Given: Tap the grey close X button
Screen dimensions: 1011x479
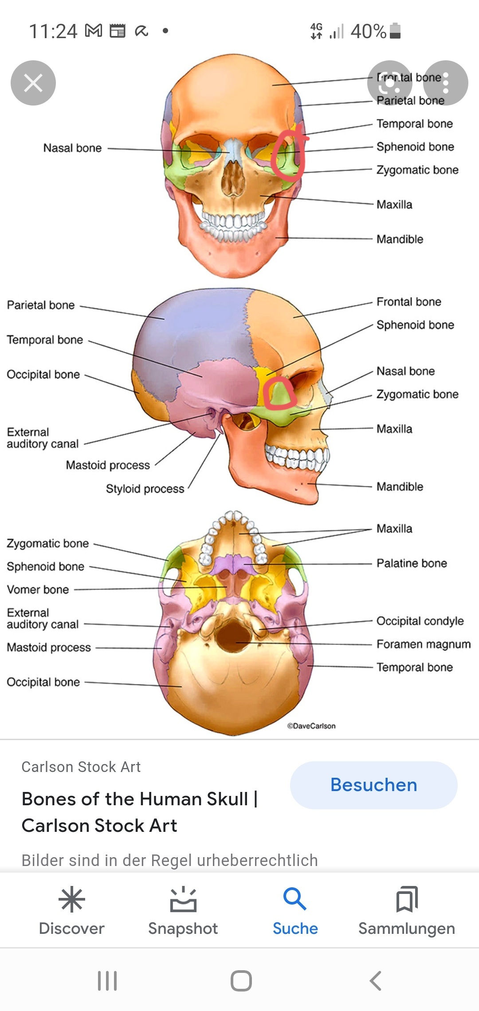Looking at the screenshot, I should coord(33,83).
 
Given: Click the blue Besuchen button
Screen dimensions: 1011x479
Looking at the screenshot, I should coord(373,785).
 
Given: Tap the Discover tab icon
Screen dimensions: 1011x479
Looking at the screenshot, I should coord(71,900).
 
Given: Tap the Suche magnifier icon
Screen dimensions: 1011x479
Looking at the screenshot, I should coord(294,899).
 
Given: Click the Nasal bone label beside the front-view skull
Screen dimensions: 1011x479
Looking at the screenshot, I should coord(72,148).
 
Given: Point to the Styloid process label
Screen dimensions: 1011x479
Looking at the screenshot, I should coord(145,489).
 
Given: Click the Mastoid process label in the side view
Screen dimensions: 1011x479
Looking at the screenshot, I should coord(108,465).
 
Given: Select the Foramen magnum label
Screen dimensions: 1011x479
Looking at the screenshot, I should coord(423,644).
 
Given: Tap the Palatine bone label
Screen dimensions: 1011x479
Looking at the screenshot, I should coord(412,563).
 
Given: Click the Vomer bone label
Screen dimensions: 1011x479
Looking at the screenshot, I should coord(38,590).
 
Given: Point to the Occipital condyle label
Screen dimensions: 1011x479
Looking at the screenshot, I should coord(420,621).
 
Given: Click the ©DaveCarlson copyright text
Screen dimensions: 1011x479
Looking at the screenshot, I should coord(311,726).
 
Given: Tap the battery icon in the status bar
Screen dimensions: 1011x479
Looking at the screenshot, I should coord(395,31).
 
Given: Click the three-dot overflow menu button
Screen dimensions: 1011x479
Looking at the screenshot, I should coord(446,83).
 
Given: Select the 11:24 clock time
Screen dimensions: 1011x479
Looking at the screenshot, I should coord(53,31).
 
